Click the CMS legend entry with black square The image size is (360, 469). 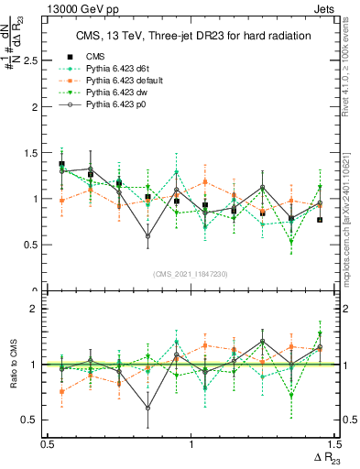94,56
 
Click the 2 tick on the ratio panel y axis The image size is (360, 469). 37,309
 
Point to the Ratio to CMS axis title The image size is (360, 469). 15,365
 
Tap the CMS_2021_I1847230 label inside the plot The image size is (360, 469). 191,274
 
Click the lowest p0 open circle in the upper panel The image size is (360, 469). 147,236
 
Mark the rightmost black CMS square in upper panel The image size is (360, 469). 320,220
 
